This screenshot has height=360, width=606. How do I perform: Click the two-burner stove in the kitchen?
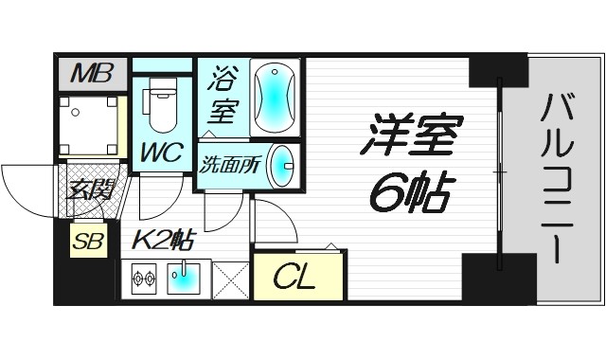(145, 279)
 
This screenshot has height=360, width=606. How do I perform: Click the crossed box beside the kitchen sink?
(231, 279)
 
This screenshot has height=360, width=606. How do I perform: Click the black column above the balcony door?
(497, 71)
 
